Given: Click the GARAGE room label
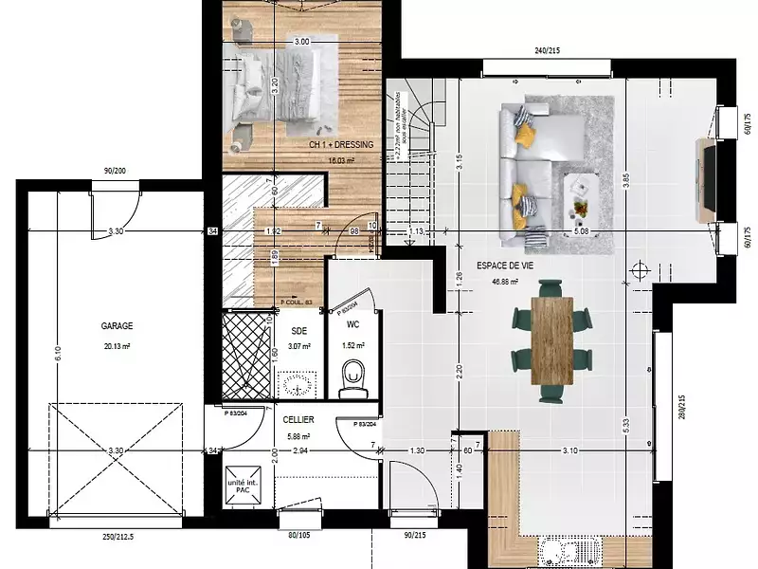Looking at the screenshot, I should pos(117,324).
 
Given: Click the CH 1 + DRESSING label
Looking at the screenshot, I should pos(341,145).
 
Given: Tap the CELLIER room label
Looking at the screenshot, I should pos(298,419).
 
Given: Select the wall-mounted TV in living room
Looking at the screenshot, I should pos(706,181).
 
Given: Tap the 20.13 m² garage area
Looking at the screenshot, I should pos(117,347).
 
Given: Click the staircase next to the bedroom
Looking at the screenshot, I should pos(411,161).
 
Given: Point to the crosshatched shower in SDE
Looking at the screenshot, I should pos(246,353).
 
